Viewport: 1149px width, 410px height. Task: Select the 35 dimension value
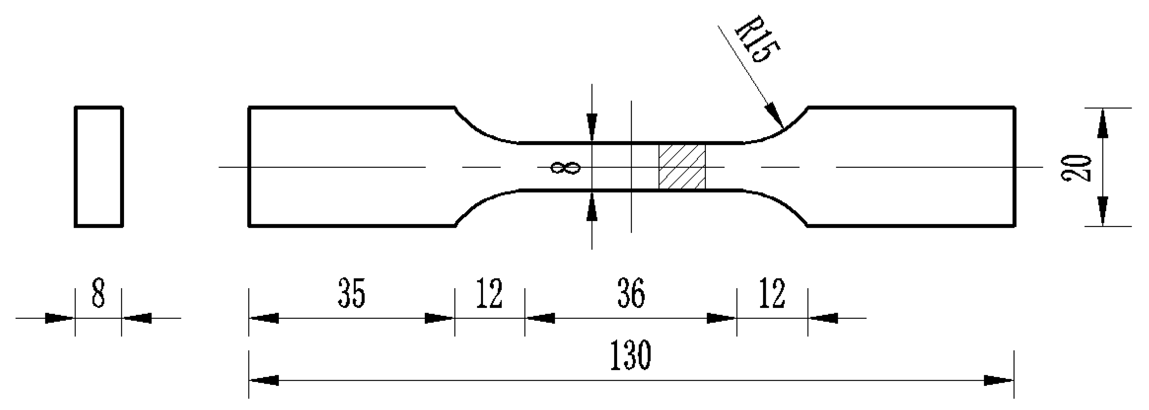[351, 293]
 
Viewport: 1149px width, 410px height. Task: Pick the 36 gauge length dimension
[631, 293]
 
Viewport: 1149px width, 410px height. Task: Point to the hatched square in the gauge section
[682, 166]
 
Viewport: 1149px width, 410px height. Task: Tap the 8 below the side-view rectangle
[98, 293]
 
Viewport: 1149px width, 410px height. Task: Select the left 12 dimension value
[489, 293]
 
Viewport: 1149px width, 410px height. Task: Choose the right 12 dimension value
[772, 293]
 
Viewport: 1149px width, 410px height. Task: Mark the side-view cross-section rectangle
[98, 167]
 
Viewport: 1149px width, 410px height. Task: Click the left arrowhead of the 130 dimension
[264, 381]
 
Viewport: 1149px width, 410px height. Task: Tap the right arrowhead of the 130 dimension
[999, 381]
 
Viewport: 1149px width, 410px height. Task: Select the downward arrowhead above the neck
[592, 128]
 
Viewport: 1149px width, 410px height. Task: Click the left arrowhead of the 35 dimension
[264, 318]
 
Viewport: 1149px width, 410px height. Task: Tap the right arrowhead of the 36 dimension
[722, 318]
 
